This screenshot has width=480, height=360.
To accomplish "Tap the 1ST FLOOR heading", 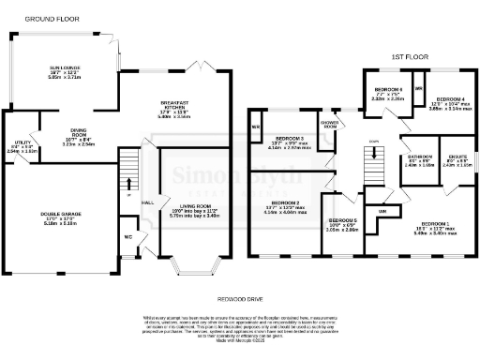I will tap(410, 56).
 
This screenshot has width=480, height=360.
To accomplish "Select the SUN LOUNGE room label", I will tap(66, 68).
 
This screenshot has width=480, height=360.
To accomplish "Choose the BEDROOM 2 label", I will tap(285, 203).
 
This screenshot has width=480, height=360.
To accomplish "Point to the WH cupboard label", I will tap(382, 212).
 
